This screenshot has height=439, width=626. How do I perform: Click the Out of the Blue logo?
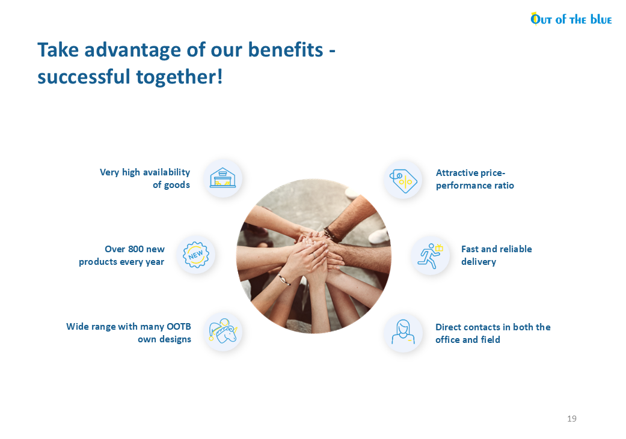point(571,19)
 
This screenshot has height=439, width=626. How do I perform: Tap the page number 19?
point(572,419)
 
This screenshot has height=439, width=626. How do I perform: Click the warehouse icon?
point(222,178)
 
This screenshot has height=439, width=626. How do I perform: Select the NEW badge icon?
point(195,255)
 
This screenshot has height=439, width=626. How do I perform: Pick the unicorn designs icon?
point(222,332)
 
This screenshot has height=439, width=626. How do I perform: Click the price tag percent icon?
point(404,181)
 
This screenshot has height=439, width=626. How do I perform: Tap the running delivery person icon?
point(430,256)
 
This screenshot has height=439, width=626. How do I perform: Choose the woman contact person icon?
point(404,332)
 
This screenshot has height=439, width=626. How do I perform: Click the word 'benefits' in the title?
point(286,50)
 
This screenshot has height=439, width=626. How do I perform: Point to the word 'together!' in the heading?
point(179,77)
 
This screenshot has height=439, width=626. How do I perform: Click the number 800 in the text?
point(136,249)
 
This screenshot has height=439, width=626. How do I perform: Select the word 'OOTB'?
point(179,327)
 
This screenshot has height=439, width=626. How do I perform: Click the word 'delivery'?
point(479,262)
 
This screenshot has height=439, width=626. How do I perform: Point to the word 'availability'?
point(167,172)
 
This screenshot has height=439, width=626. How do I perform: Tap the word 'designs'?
point(175,339)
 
